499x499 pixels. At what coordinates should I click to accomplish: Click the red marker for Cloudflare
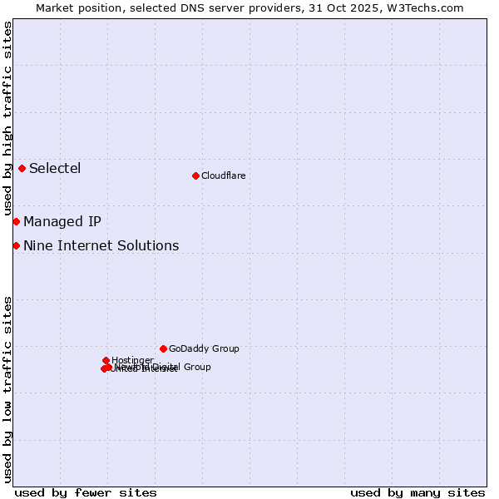[x=195, y=175]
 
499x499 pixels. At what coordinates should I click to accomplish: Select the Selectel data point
[x=22, y=168]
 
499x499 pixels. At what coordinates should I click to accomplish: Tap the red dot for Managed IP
[x=16, y=221]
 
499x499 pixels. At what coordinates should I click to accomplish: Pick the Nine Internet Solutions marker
[x=16, y=245]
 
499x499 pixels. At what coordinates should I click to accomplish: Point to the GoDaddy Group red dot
[x=163, y=348]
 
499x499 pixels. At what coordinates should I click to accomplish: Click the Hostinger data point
[x=106, y=360]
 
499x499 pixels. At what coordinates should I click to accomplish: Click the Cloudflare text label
[x=223, y=175]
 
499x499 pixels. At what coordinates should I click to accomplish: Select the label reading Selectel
[x=55, y=169]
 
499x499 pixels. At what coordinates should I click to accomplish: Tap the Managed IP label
[x=62, y=221]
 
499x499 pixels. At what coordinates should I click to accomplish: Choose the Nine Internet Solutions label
[x=101, y=245]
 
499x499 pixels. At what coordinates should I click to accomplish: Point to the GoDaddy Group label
[x=204, y=348]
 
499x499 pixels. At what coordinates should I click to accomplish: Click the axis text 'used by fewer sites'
[x=86, y=492]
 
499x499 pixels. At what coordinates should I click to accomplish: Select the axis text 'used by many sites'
[x=417, y=492]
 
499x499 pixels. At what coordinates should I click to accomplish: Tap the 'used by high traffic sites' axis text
[x=7, y=119]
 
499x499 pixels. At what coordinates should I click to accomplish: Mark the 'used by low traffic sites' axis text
[x=7, y=388]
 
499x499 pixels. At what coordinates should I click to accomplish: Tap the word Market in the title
[x=55, y=7]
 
